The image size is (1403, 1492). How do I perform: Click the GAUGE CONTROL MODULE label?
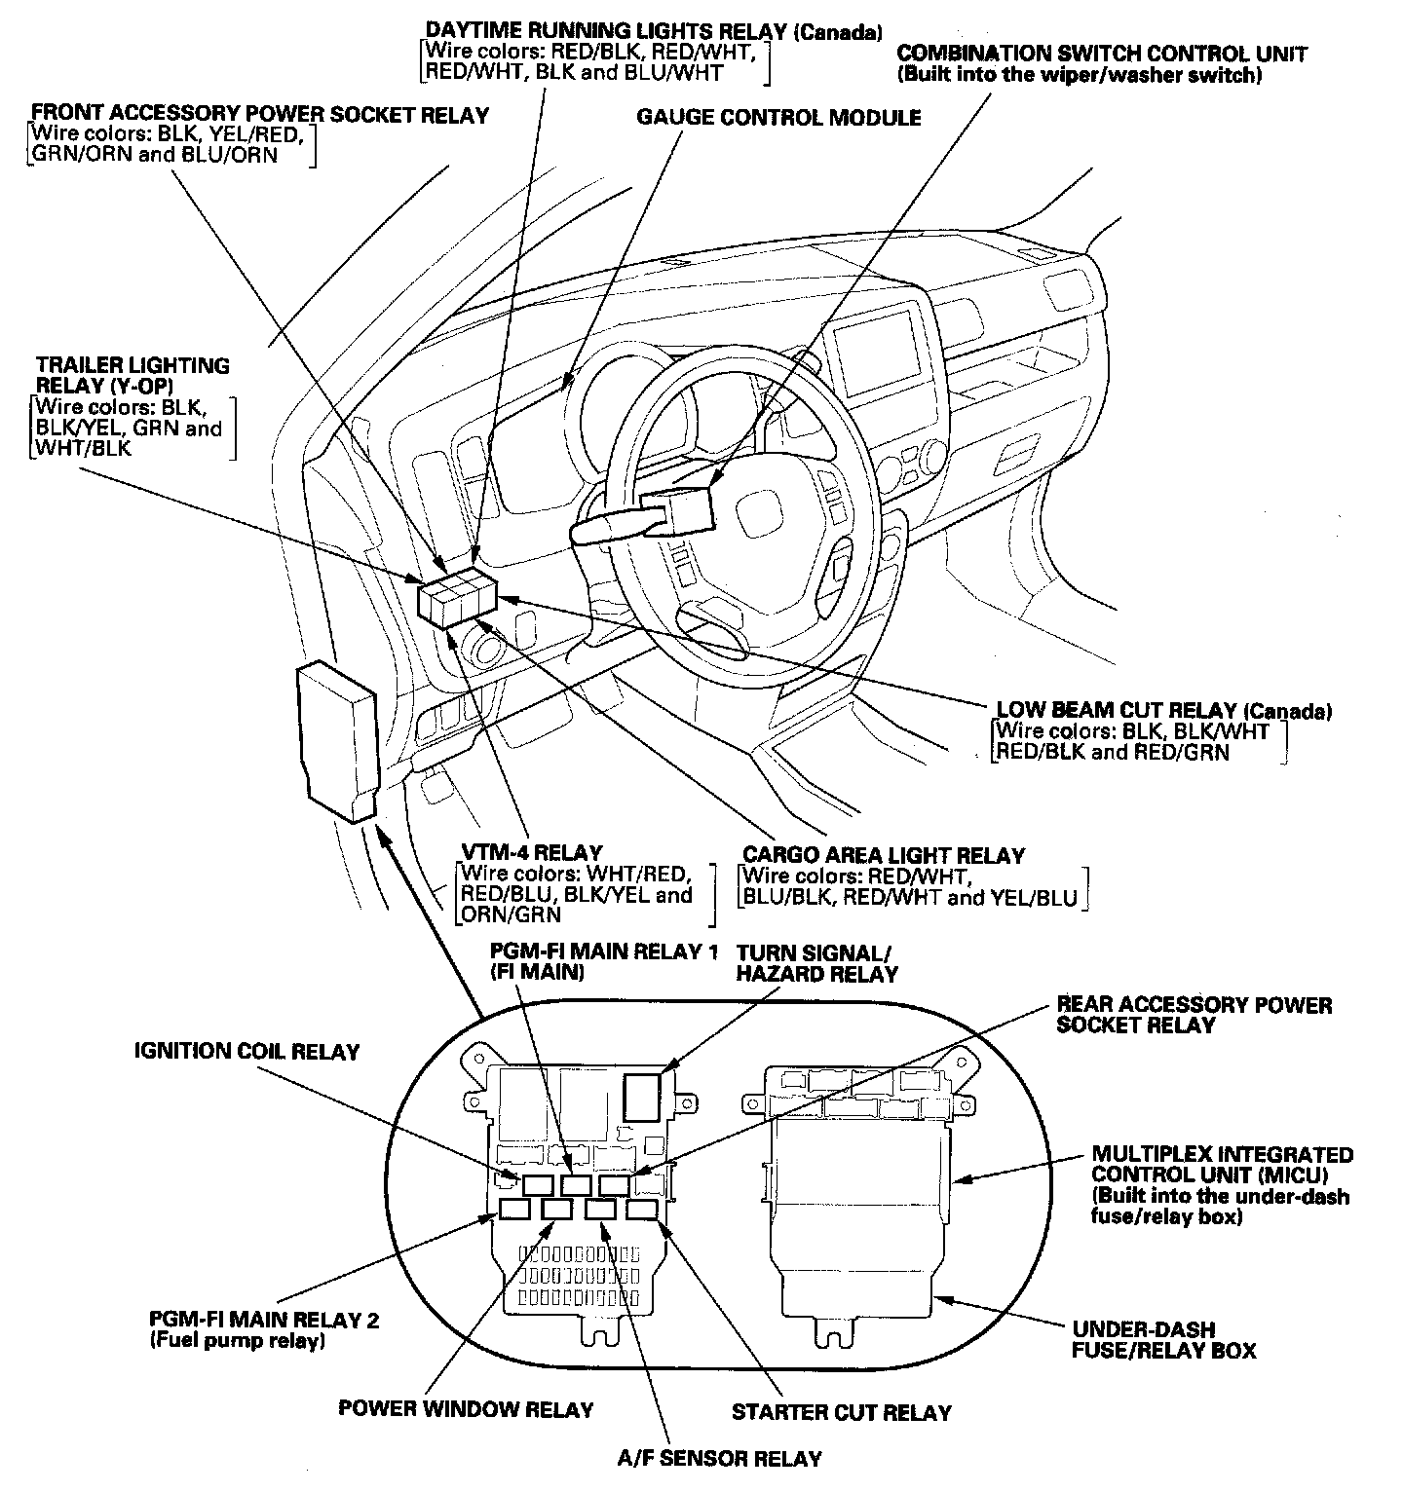(x=778, y=118)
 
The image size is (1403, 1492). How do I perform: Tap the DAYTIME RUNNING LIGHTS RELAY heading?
(x=653, y=32)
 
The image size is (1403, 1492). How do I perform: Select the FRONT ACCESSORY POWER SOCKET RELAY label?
(x=260, y=115)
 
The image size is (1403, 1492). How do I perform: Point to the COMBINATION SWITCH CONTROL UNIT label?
(x=1101, y=55)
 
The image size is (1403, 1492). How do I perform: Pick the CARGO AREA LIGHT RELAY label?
(x=883, y=855)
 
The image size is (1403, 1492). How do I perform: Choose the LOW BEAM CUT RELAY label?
(x=1163, y=711)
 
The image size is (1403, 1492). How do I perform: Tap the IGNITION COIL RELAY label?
(x=246, y=1051)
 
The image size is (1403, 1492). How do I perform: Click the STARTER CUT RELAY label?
(x=841, y=1411)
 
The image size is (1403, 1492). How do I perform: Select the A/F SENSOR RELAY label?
(x=719, y=1458)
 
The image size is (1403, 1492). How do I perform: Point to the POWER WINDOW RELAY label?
(x=466, y=1409)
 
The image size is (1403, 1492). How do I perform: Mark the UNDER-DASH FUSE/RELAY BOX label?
(x=1163, y=1339)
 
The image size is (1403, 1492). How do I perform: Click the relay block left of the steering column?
(x=456, y=595)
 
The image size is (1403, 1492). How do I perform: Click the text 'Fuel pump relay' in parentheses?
(x=237, y=1341)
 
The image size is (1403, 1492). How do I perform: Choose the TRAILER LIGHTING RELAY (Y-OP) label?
(x=133, y=375)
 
